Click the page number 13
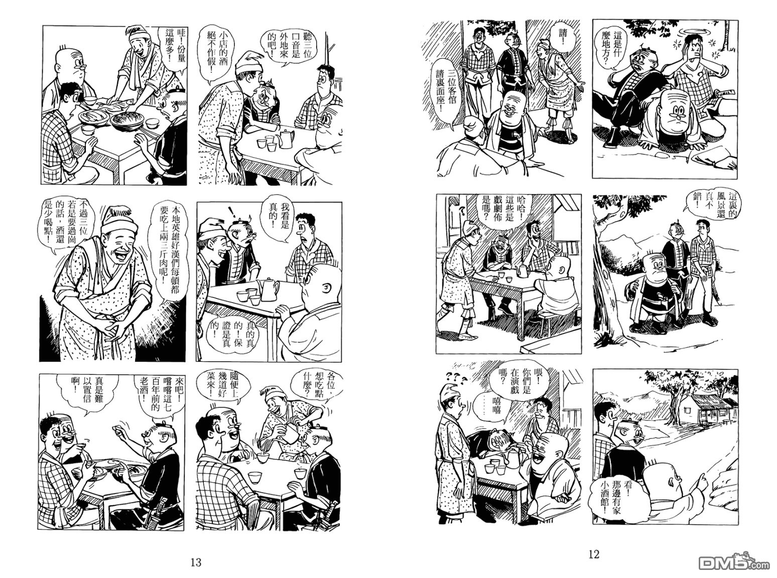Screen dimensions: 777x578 pos(196,562)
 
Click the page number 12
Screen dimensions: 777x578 pos(594,554)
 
